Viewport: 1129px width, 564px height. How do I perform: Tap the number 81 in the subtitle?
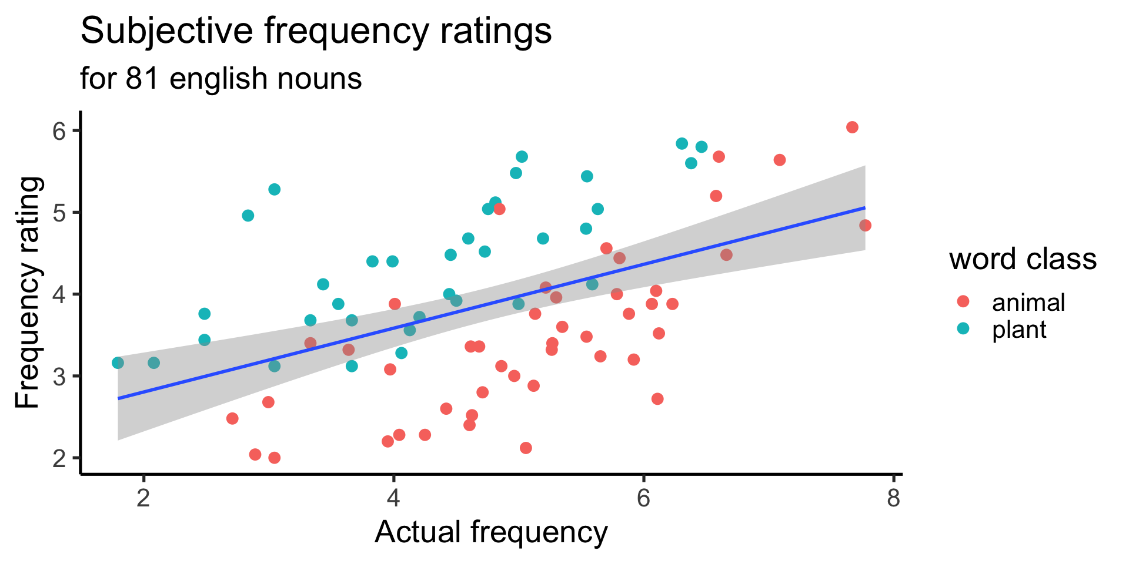142,79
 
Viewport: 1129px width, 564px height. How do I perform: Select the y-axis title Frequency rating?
28,293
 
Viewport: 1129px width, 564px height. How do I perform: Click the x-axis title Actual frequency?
491,533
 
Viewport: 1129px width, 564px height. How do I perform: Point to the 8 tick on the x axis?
893,499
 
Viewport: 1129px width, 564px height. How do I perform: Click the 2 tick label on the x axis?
143,499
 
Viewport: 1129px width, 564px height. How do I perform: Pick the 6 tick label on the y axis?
59,130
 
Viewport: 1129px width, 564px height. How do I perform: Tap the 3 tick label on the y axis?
59,376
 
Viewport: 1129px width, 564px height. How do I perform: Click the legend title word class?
1023,259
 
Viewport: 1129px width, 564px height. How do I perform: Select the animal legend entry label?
1028,303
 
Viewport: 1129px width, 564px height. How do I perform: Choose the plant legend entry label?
1019,330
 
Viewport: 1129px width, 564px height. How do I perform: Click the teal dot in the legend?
963,328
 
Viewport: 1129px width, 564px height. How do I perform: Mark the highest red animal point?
852,127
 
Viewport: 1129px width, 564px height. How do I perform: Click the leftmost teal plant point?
118,363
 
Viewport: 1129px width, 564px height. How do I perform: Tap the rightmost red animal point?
865,226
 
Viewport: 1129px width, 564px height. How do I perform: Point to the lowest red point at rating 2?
274,458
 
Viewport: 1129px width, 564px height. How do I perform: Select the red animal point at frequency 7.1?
780,160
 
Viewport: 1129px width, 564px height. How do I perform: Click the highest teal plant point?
682,144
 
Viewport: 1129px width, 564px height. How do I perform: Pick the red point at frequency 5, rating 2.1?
526,448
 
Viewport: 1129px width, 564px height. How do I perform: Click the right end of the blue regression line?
864,208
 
